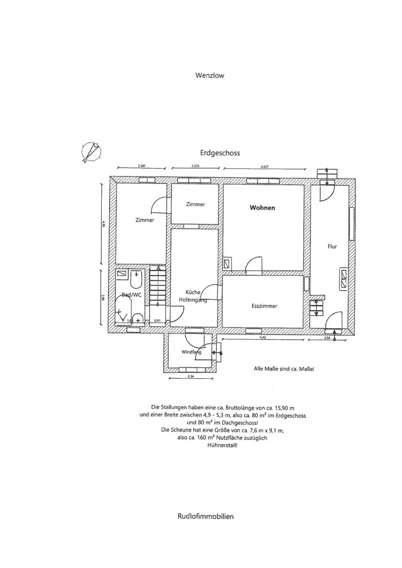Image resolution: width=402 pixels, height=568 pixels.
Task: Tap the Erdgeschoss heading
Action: [x=219, y=153]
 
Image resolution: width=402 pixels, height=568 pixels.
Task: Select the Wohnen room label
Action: [x=262, y=208]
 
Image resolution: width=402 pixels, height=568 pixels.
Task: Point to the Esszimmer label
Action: [x=264, y=306]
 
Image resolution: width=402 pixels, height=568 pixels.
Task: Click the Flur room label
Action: [x=332, y=247]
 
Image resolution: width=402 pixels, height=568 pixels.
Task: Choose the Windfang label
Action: [x=192, y=353]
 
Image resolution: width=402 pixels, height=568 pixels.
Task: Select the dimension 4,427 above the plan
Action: [x=264, y=166]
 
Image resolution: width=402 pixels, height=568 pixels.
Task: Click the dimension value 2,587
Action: [x=142, y=166]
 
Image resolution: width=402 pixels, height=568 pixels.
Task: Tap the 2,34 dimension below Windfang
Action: [x=192, y=375]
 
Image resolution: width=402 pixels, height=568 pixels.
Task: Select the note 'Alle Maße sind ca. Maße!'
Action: [x=283, y=369]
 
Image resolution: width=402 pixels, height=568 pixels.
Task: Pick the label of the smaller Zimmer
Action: [x=195, y=204]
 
